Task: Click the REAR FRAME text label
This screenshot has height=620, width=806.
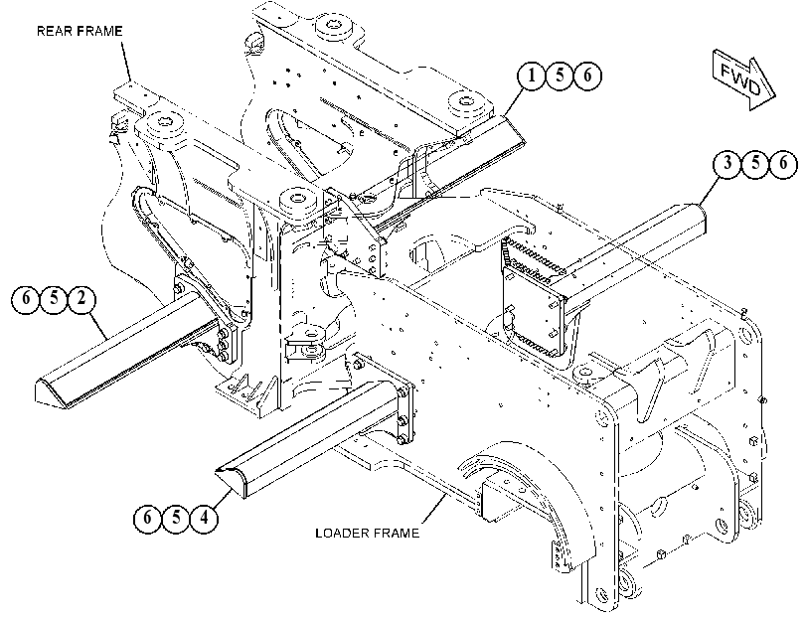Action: click(80, 32)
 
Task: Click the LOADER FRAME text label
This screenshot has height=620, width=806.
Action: click(367, 534)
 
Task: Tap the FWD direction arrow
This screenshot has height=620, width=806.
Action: click(743, 80)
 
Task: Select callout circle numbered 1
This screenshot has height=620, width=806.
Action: click(532, 76)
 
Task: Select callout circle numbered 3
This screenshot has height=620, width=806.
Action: click(727, 164)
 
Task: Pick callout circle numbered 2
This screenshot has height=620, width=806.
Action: click(81, 299)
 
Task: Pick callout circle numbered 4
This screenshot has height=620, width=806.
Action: click(204, 518)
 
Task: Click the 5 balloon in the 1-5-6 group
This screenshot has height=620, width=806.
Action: click(560, 76)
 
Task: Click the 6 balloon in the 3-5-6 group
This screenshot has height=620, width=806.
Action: click(783, 164)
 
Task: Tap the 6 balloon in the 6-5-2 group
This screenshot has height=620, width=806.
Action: click(25, 299)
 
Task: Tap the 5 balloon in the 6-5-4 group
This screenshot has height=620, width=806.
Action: click(176, 518)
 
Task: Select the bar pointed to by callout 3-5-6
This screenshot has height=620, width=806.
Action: click(635, 246)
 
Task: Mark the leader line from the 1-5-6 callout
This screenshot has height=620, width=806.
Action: click(514, 101)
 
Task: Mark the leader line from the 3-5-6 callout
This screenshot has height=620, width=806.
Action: click(711, 190)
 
